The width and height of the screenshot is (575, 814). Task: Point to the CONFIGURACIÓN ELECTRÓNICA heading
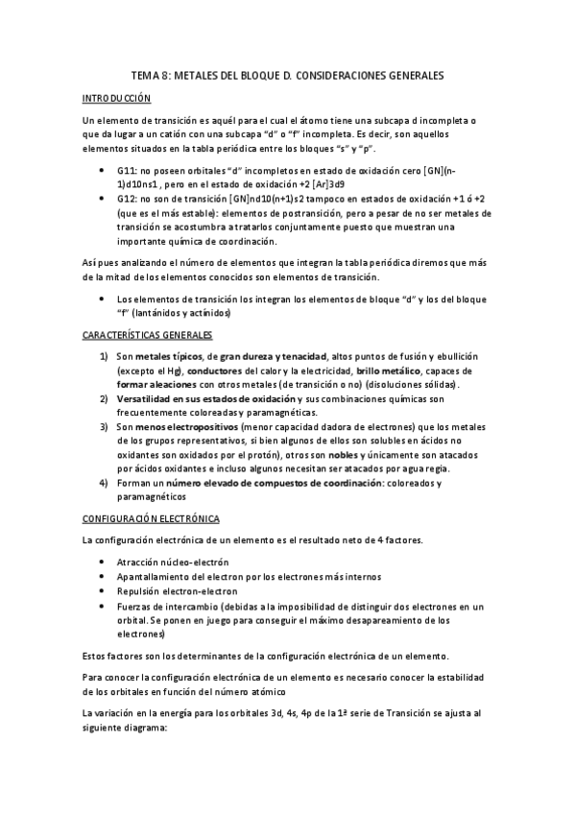click(149, 518)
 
